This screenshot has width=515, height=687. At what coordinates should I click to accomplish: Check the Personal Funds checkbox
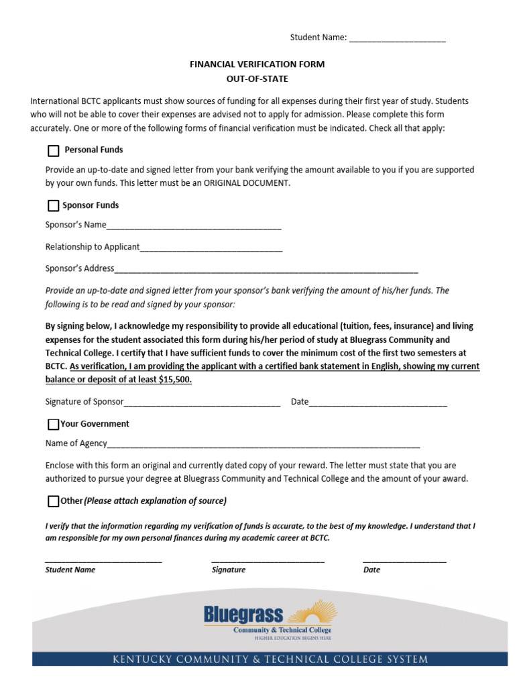pyautogui.click(x=54, y=151)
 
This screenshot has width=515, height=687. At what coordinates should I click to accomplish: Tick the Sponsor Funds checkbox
pyautogui.click(x=54, y=206)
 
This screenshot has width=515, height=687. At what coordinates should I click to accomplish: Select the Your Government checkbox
pyautogui.click(x=54, y=425)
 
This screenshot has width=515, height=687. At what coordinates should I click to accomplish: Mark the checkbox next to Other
pyautogui.click(x=54, y=502)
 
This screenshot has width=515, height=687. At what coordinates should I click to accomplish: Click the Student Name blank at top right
pyautogui.click(x=397, y=39)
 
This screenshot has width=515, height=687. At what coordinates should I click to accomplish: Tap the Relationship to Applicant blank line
pyautogui.click(x=211, y=248)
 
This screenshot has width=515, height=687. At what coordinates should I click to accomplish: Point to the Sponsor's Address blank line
pyautogui.click(x=266, y=270)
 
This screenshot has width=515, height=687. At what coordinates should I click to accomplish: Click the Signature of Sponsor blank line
pyautogui.click(x=202, y=403)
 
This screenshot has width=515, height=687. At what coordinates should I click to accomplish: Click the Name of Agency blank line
pyautogui.click(x=264, y=444)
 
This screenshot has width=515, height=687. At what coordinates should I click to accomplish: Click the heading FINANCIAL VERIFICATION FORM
pyautogui.click(x=257, y=64)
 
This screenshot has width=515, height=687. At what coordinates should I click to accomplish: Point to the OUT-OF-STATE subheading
pyautogui.click(x=257, y=79)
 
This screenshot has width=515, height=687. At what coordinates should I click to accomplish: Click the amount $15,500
pyautogui.click(x=175, y=380)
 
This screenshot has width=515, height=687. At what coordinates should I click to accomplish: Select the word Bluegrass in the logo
pyautogui.click(x=243, y=614)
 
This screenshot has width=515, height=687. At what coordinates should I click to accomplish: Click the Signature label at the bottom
pyautogui.click(x=229, y=570)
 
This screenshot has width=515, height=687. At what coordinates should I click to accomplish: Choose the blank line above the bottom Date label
pyautogui.click(x=404, y=561)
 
